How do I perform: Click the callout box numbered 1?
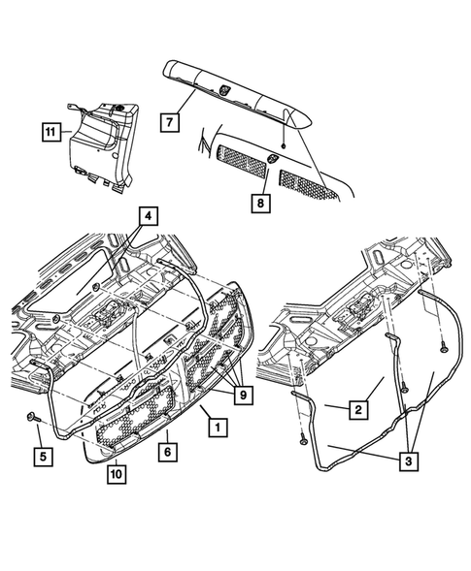tap(218, 427)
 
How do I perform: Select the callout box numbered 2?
tap(358, 410)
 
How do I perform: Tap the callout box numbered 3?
tap(408, 461)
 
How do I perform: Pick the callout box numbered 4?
tap(148, 216)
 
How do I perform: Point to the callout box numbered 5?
tap(43, 457)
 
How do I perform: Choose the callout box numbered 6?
tap(168, 452)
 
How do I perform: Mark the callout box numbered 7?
tap(170, 122)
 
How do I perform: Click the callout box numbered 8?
tap(260, 203)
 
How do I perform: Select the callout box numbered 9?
tap(244, 395)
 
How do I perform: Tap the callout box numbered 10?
tap(117, 474)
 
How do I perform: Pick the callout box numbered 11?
tap(50, 132)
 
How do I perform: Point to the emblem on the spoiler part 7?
tap(223, 89)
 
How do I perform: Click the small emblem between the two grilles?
tap(272, 158)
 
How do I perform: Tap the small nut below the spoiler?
tap(284, 145)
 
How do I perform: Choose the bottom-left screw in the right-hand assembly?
tap(302, 441)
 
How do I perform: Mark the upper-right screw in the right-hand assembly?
tap(444, 348)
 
